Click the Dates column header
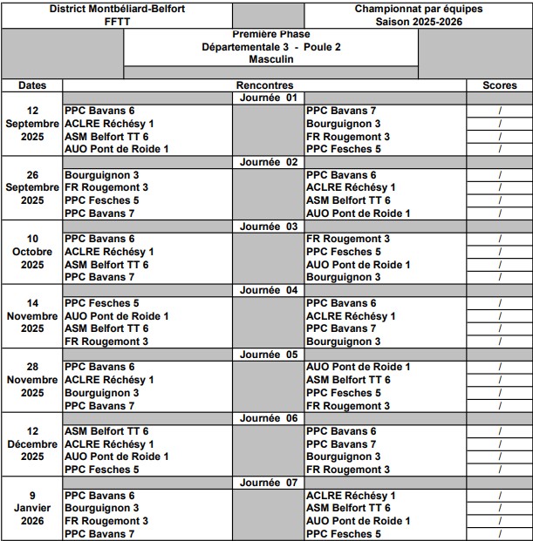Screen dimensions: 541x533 [x=32, y=85]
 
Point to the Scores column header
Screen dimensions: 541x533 [x=500, y=85]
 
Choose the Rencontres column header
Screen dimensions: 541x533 [x=264, y=85]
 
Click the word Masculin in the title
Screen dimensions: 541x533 [x=270, y=59]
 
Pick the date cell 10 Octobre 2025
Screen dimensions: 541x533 [x=32, y=252]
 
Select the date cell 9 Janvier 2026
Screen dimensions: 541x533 [x=32, y=509]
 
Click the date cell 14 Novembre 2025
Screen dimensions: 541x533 [x=32, y=316]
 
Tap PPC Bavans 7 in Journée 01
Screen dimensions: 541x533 [x=341, y=112]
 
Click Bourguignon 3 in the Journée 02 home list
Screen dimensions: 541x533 [x=101, y=175]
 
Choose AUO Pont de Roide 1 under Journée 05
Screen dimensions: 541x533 [x=359, y=368]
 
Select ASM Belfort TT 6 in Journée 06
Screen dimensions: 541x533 [x=106, y=431]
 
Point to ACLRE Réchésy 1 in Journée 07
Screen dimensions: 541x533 [x=351, y=496]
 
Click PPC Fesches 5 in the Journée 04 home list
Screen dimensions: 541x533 [x=101, y=303]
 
